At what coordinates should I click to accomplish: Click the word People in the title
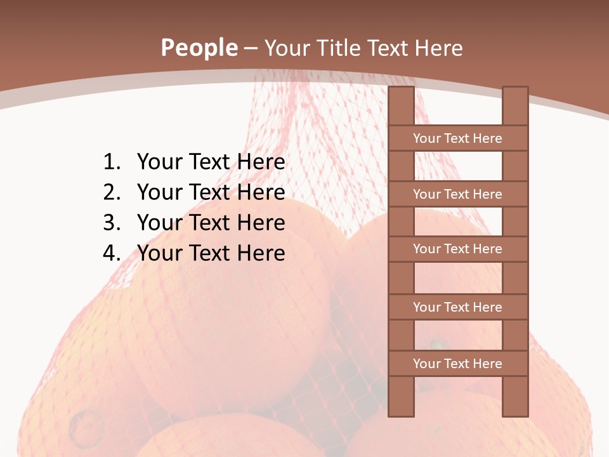199,48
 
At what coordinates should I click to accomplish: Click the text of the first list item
211,162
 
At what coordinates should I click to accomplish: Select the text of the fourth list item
211,253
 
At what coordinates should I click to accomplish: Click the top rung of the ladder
457,138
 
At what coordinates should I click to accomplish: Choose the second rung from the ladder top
457,194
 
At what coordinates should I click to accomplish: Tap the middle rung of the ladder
457,249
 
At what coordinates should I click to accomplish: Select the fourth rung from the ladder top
457,307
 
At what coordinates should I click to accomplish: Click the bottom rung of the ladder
457,364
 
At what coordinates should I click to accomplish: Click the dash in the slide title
251,48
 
